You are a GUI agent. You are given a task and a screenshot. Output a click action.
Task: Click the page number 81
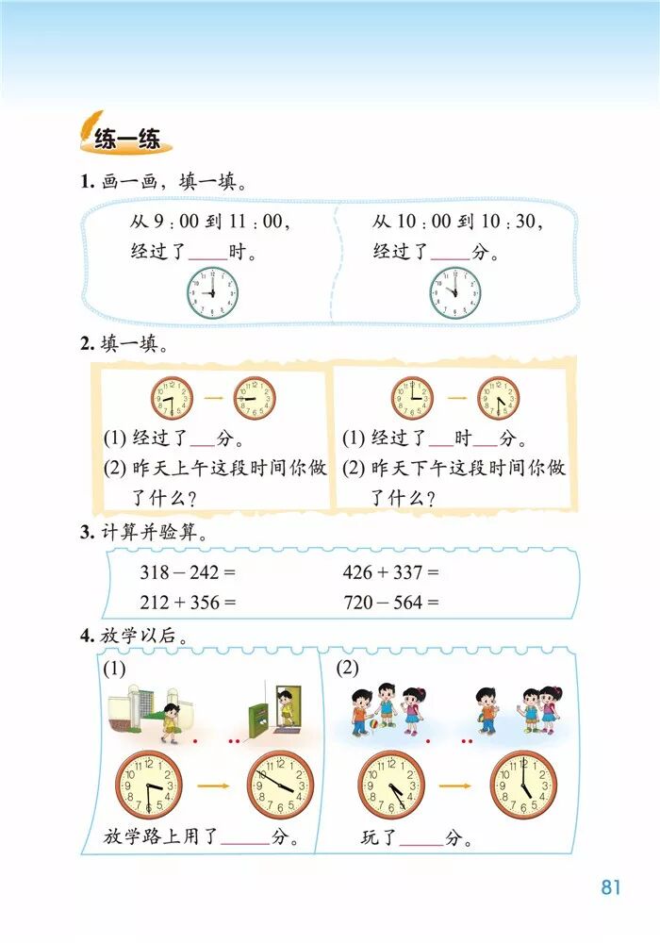coord(610,887)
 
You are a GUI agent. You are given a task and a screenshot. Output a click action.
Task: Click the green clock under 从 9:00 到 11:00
coord(212,292)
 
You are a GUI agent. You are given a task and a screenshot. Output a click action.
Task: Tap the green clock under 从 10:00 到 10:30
coord(455,292)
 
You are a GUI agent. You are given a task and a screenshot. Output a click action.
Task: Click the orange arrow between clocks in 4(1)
coord(214,785)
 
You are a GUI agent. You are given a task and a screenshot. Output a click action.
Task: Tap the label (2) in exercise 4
coord(348,669)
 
